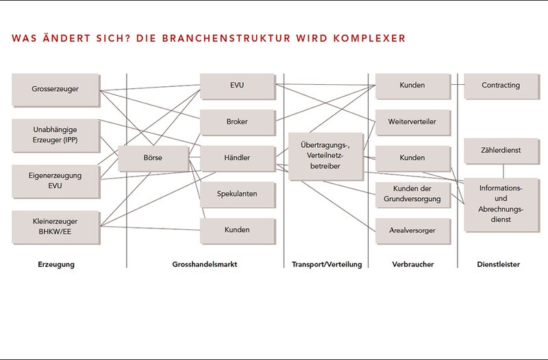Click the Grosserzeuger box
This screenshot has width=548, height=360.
[x=55, y=90]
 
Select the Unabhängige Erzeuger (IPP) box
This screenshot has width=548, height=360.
[x=55, y=135]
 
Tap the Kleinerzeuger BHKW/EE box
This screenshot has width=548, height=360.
[x=55, y=227]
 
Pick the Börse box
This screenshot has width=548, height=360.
[x=153, y=158]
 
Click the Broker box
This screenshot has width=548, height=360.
[x=237, y=123]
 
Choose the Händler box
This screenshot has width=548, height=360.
[x=237, y=158]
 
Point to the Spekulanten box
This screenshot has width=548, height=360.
[x=237, y=194]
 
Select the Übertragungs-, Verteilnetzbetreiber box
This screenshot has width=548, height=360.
[x=326, y=156]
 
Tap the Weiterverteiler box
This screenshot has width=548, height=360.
[x=412, y=123]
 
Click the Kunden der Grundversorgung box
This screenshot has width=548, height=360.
[x=412, y=194]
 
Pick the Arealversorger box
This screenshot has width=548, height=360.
[x=412, y=231]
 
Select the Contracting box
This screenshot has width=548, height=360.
[x=501, y=86]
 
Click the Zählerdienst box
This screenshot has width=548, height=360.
[x=501, y=151]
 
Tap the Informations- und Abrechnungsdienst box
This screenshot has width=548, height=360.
[x=501, y=205]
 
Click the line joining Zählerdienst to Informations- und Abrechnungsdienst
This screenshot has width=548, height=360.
[x=503, y=170]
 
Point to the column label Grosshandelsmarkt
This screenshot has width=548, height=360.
[x=204, y=264]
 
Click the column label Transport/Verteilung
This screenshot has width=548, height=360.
[x=327, y=264]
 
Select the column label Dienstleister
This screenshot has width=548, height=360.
[x=499, y=264]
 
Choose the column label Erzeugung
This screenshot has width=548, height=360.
[x=56, y=264]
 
